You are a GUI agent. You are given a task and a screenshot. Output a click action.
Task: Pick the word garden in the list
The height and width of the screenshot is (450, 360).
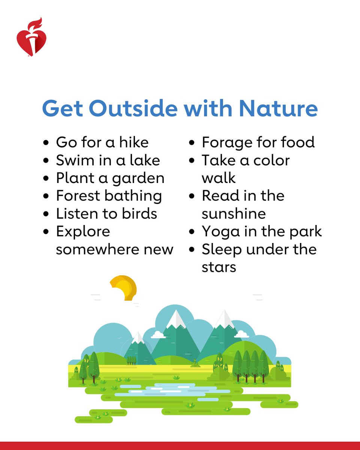tap(144, 178)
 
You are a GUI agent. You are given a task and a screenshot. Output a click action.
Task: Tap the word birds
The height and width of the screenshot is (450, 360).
tap(139, 214)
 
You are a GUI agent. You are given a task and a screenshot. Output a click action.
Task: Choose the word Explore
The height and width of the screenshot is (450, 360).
tap(83, 232)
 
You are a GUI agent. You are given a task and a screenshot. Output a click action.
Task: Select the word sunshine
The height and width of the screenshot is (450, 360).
tap(234, 214)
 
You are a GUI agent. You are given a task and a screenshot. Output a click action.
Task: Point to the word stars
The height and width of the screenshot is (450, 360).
tap(219, 267)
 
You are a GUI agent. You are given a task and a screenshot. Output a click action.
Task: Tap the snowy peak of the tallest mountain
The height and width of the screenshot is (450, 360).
tap(175, 319)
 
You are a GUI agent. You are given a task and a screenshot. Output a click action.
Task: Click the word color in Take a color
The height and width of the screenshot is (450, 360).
tap(271, 160)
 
